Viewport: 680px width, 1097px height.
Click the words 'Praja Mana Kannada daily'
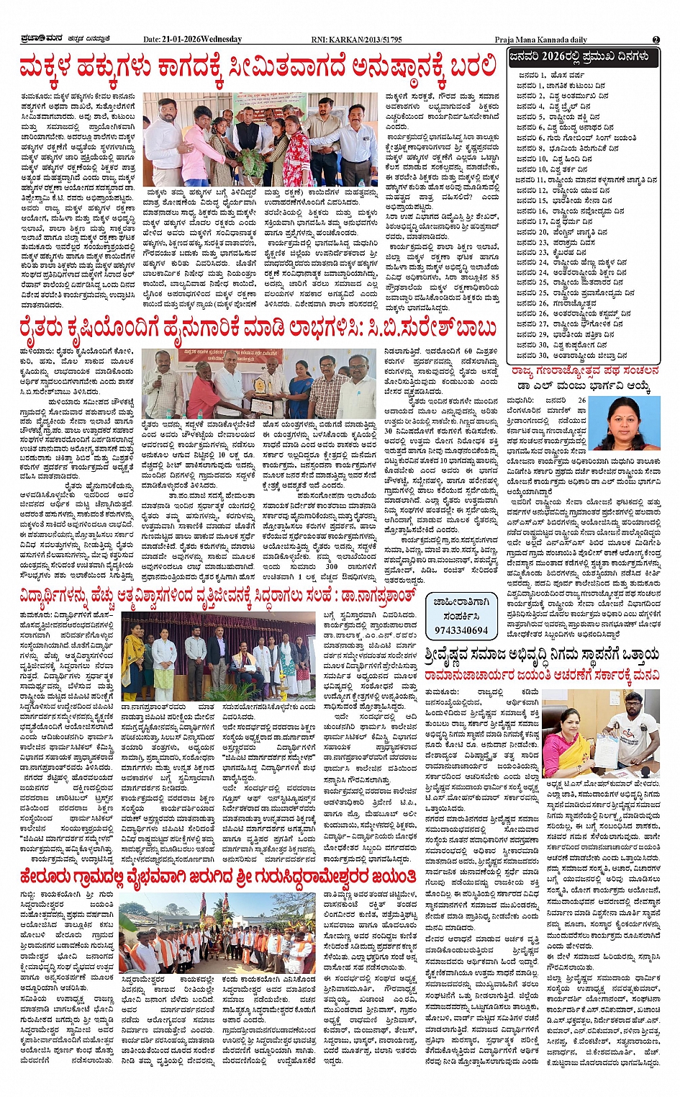(541, 39)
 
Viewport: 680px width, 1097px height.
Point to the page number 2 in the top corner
(656, 39)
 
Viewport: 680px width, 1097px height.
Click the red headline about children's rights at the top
(259, 67)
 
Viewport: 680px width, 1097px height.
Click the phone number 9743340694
(461, 630)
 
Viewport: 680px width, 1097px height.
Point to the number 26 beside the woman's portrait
(581, 400)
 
